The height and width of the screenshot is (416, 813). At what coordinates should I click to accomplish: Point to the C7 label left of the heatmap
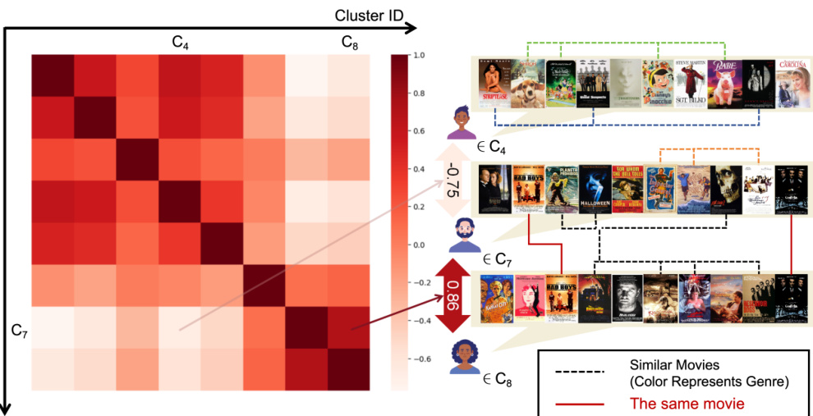click(21, 331)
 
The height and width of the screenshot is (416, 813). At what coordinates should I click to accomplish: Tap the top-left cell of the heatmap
click(53, 76)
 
